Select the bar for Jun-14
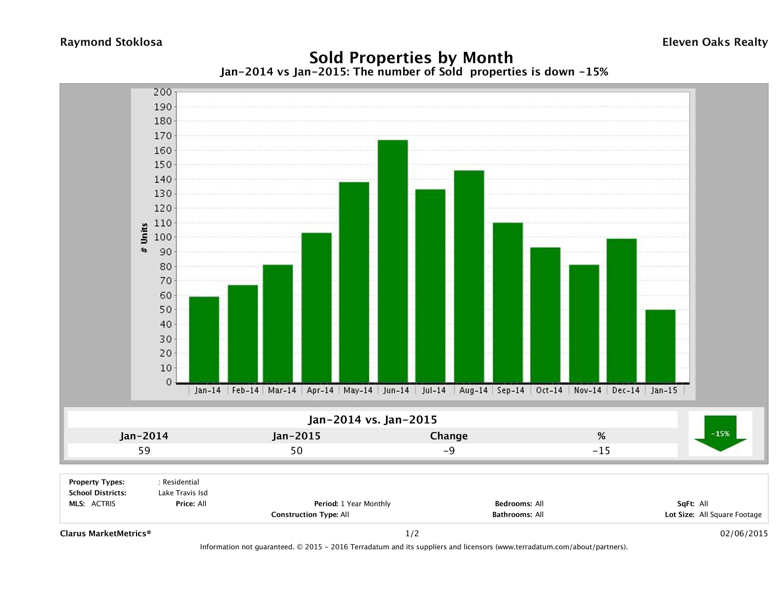(x=393, y=261)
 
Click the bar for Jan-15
(x=660, y=346)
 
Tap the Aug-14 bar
(x=469, y=276)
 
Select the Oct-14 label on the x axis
(x=549, y=390)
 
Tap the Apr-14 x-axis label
(x=320, y=390)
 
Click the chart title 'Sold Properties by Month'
(x=411, y=57)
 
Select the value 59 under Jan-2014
(x=144, y=450)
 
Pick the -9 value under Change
(x=449, y=450)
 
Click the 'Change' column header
(x=449, y=436)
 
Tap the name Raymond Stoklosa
(x=111, y=42)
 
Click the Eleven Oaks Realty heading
(x=715, y=42)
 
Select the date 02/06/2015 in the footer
(x=744, y=533)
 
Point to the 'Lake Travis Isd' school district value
(x=183, y=493)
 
